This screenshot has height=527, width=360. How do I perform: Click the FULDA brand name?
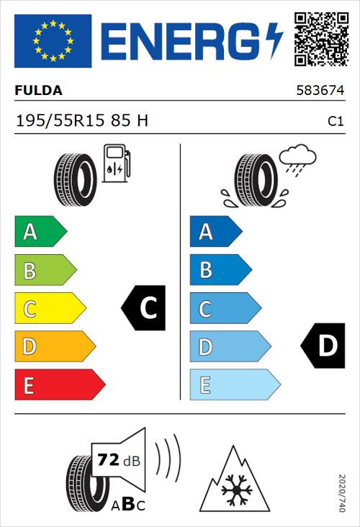tap(39, 91)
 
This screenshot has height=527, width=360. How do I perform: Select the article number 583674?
tap(320, 91)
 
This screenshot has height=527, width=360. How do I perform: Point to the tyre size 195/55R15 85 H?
tap(82, 121)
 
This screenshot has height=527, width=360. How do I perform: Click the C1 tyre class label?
tap(335, 122)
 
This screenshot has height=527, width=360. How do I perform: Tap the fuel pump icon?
tap(115, 164)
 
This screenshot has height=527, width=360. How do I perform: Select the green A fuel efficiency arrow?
tap(40, 232)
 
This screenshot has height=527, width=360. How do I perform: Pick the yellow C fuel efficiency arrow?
tap(49, 309)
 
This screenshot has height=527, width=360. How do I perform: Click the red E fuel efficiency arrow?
tap(59, 385)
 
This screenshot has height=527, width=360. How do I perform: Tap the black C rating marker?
tap(145, 308)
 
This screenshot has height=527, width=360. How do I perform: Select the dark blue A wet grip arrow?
tap(215, 232)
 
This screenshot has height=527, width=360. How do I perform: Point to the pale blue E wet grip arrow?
tap(234, 385)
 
